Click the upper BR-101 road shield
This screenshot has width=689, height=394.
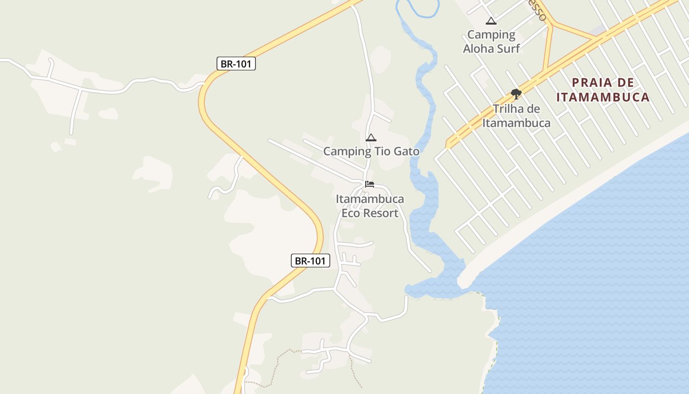point(236,64)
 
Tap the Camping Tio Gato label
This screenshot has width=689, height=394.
point(371,151)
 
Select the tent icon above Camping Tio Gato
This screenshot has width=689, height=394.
point(371,137)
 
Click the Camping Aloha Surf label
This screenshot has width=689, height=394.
point(491,41)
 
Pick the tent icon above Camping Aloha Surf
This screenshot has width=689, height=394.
point(491,21)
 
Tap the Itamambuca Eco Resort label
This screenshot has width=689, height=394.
point(370,206)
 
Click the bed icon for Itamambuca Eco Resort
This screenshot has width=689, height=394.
point(370,185)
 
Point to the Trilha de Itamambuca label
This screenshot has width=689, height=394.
point(516,116)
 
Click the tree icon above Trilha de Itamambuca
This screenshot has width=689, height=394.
point(516,93)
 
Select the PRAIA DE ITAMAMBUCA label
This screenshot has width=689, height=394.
point(603,90)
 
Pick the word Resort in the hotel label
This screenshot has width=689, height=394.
point(379,213)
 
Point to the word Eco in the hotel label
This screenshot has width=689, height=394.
point(351,213)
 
